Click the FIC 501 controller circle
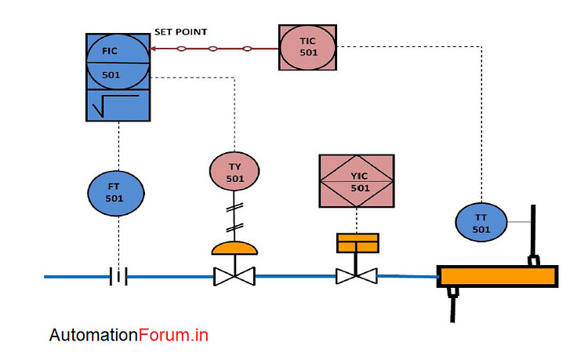pos(117,63)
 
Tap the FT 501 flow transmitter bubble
pos(116,192)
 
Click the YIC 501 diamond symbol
pos(357,181)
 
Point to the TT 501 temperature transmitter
pos(481,223)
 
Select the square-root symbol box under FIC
pos(117,105)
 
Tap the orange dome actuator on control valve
pos(234,249)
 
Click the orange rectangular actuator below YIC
pos(358,243)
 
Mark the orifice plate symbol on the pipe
pos(118,276)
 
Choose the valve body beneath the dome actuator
pos(234,276)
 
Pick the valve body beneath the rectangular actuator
pos(357,276)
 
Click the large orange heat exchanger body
pos(497,276)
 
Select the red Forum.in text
pos(173,335)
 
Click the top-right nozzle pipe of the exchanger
pos(533,235)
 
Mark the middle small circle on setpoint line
pos(212,49)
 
